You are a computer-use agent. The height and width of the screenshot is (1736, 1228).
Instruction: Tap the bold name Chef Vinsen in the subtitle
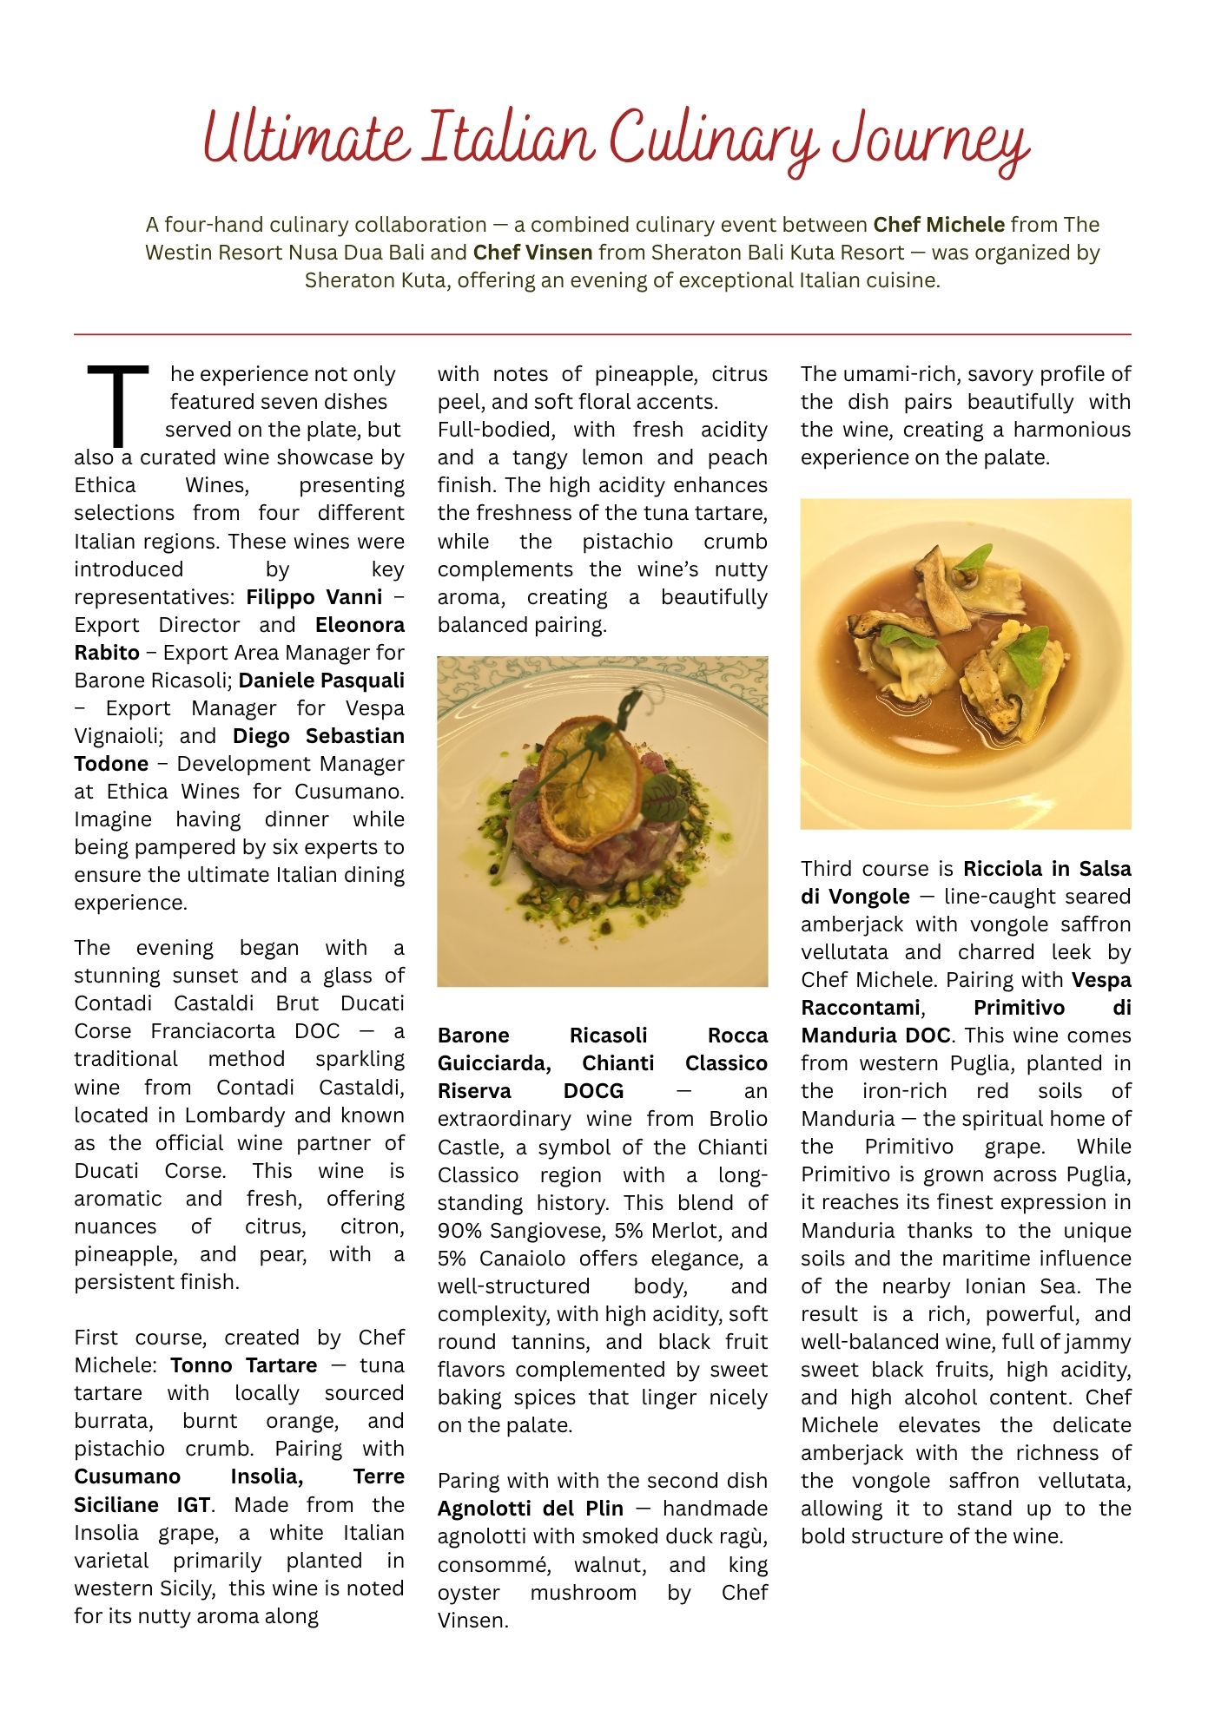(532, 253)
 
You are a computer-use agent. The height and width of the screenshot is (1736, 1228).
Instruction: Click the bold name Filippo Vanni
(314, 597)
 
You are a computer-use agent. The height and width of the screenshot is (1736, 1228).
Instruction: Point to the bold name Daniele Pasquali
(321, 681)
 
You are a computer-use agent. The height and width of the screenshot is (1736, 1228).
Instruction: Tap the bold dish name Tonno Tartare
(244, 1365)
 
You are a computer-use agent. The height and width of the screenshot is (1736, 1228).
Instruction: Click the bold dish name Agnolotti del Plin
(531, 1509)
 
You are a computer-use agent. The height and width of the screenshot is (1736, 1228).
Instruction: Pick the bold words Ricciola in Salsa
(1046, 869)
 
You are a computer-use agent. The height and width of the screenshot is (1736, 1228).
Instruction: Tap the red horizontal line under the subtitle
(603, 334)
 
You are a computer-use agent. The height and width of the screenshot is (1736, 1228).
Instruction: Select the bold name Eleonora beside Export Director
(360, 625)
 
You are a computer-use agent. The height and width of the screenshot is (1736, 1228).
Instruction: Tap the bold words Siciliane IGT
(142, 1505)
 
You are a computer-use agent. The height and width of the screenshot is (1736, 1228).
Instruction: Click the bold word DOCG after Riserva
(593, 1091)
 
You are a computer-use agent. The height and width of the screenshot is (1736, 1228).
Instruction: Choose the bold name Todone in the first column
(111, 764)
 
